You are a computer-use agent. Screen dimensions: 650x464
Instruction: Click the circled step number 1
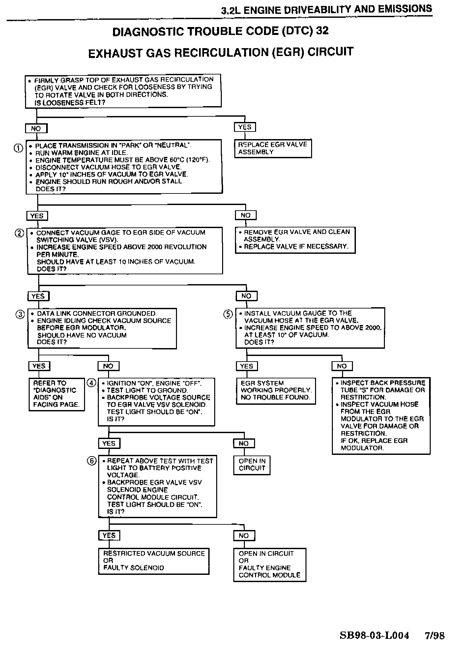(x=18, y=148)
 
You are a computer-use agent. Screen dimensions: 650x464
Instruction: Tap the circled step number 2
(x=19, y=233)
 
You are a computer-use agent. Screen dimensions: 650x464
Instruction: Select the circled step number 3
(x=20, y=314)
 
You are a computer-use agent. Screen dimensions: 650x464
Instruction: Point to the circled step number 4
(x=91, y=383)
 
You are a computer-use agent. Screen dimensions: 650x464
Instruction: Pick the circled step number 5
(x=228, y=314)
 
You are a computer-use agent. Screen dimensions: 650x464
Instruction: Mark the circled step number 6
(x=92, y=461)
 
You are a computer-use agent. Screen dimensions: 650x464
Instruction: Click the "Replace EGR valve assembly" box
(x=273, y=148)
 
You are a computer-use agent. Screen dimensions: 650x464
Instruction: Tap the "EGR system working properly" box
(x=275, y=391)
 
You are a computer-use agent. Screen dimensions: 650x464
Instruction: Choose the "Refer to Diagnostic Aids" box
(x=56, y=394)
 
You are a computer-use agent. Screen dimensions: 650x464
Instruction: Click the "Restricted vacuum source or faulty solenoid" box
(x=154, y=561)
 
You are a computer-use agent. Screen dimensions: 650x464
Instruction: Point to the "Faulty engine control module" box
(x=270, y=564)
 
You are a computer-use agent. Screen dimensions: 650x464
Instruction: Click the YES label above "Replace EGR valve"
(x=245, y=127)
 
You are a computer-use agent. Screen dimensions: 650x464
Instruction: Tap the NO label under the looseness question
(x=36, y=128)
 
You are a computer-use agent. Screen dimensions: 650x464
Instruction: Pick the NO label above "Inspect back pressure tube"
(x=342, y=366)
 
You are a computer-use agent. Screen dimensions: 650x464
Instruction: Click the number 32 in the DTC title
(x=322, y=30)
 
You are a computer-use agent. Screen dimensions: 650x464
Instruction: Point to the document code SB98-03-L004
(x=374, y=635)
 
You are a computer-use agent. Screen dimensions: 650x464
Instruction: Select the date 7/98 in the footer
(x=435, y=635)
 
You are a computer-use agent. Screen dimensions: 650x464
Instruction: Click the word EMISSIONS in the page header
(x=405, y=9)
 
